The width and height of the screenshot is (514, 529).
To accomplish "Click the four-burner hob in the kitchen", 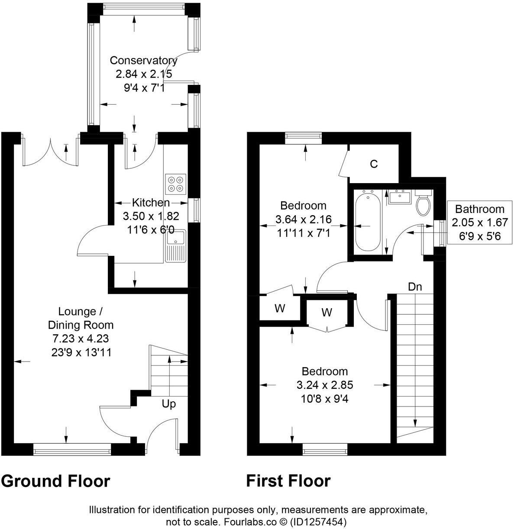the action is [175, 184].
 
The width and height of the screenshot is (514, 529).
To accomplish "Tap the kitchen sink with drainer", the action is [176, 246].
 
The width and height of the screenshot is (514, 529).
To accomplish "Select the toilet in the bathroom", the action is [423, 203].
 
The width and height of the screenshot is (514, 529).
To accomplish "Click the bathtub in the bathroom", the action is [368, 220].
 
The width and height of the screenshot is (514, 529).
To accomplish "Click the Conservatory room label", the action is [143, 60].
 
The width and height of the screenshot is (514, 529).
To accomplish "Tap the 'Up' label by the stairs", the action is [168, 404].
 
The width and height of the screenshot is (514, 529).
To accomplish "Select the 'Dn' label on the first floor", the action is [415, 287].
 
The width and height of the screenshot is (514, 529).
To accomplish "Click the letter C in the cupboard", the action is [374, 164].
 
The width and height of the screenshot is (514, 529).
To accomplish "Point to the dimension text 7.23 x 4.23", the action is [81, 339].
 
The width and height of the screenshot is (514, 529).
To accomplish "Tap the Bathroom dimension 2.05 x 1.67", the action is [480, 223].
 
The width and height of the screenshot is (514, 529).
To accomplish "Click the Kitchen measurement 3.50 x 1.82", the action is [151, 216].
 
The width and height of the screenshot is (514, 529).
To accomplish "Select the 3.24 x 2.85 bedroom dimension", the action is [325, 385].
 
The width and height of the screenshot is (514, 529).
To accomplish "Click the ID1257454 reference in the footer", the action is [318, 522].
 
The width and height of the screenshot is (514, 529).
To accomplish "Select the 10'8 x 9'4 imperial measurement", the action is [324, 399].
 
